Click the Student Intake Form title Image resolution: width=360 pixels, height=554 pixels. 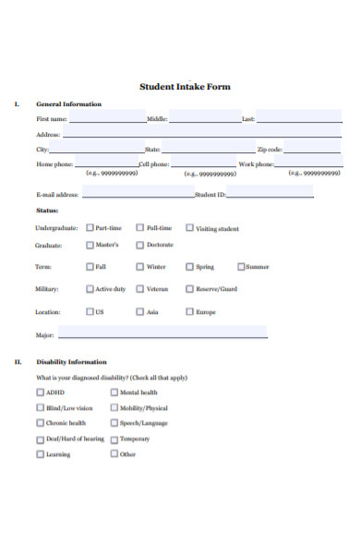[185, 87]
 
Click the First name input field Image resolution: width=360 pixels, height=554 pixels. [107, 118]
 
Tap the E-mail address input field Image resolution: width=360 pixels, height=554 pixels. [138, 193]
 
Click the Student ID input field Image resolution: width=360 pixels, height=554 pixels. [270, 193]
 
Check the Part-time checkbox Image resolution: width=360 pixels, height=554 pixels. [90, 227]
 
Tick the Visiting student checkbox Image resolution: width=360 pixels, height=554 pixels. [190, 227]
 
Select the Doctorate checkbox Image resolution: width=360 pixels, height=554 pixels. [140, 245]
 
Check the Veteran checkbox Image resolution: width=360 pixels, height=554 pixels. [140, 289]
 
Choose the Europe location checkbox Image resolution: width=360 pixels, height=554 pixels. [190, 311]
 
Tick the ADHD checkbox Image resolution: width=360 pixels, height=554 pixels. [40, 392]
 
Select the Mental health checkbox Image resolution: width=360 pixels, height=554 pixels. [114, 392]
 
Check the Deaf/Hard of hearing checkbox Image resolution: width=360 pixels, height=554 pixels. [40, 439]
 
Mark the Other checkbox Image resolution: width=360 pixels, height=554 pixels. [114, 454]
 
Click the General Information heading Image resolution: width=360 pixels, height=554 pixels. [68, 103]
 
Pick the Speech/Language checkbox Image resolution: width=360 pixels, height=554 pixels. [114, 423]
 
